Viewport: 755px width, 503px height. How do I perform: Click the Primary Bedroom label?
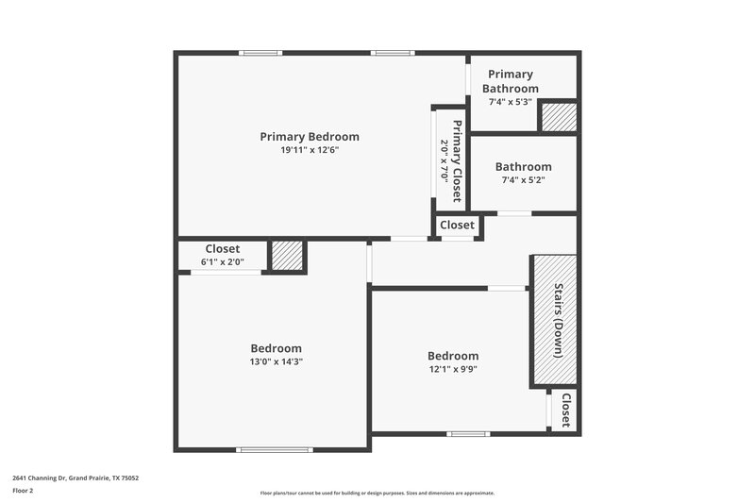pos(310,137)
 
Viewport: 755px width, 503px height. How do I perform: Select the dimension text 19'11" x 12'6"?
pos(310,150)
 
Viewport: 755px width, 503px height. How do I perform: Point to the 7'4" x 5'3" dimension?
pos(511,102)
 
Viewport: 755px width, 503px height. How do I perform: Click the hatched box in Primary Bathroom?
pos(557,117)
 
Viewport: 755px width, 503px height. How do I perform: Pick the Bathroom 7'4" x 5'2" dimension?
pos(523,179)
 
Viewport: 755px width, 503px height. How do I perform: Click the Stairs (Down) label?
pos(559,320)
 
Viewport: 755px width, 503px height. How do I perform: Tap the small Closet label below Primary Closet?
pos(457,225)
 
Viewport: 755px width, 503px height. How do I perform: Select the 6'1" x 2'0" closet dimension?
pos(222,262)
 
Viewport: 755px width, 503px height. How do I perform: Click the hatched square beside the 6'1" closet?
pos(286,256)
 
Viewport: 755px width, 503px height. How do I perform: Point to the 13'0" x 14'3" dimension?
pos(277,361)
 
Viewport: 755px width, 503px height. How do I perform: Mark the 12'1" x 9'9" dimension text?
pos(452,370)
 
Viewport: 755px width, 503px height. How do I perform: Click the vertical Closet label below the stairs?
pos(565,411)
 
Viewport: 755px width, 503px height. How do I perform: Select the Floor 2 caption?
pos(23,491)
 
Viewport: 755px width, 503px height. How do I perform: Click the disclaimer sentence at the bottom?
pos(377,493)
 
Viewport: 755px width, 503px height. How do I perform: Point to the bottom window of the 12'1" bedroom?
pos(468,434)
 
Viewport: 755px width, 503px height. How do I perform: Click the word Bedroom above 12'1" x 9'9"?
pos(452,356)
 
